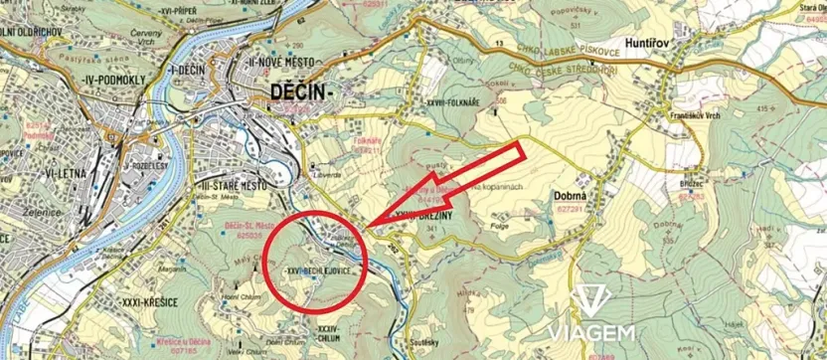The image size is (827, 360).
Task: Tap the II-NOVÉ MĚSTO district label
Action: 267,61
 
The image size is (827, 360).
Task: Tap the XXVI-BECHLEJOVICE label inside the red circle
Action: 317,270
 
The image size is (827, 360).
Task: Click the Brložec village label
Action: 691,185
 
